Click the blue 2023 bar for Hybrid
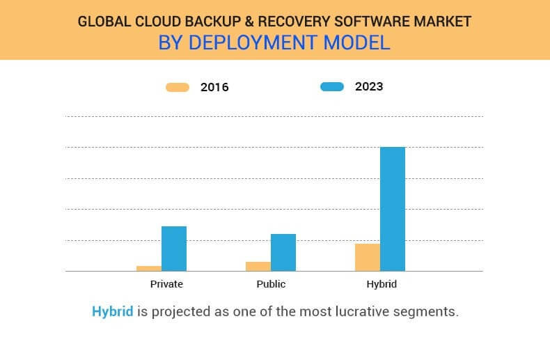pos(393,209)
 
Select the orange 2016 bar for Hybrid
pos(368,257)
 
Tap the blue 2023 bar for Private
pos(174,249)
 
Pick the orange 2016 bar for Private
pos(149,268)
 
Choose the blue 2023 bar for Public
pos(283,252)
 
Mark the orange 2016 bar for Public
pos(258,266)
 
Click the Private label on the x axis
pos(166,284)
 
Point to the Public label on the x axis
pos(271,284)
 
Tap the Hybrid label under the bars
pos(382,284)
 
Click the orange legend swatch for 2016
pos(178,87)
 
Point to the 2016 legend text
pos(214,88)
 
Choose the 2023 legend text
pos(369,87)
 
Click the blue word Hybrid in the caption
pos(112,311)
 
